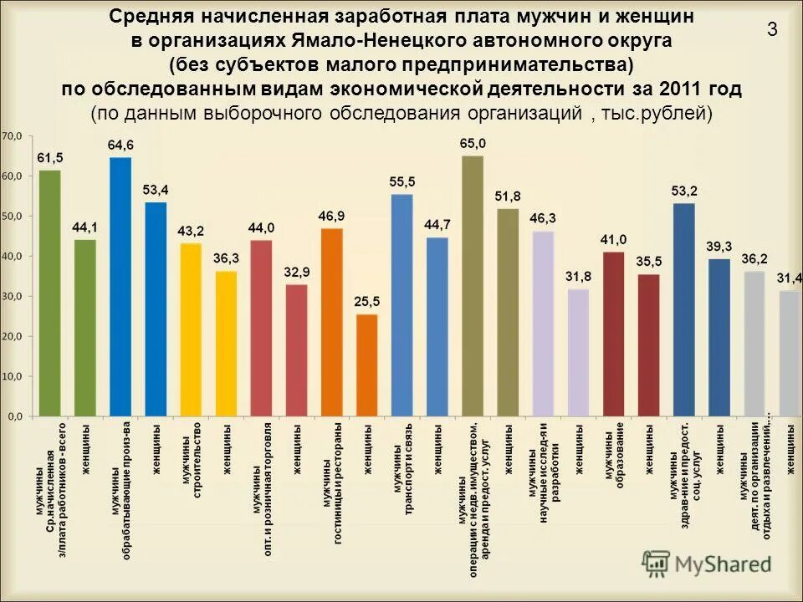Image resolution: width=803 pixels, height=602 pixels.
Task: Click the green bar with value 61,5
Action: pyautogui.click(x=50, y=293)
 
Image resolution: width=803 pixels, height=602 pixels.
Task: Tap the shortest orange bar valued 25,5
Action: pyautogui.click(x=366, y=365)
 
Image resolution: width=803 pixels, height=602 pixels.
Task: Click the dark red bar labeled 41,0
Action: pyautogui.click(x=613, y=334)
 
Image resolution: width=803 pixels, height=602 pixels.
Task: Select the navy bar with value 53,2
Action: pyautogui.click(x=684, y=309)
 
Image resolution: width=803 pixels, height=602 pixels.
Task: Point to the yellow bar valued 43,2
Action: pyautogui.click(x=191, y=329)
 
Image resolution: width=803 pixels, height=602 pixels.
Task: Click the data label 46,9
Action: pyautogui.click(x=331, y=216)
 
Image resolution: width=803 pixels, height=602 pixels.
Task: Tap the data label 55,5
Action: pyautogui.click(x=402, y=181)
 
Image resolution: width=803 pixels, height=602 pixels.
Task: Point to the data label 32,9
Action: pyautogui.click(x=296, y=272)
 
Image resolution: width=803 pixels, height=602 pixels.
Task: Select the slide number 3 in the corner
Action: pyautogui.click(x=772, y=30)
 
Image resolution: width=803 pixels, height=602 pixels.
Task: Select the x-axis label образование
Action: pyautogui.click(x=621, y=457)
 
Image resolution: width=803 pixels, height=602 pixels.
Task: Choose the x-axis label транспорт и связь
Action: pyautogui.click(x=410, y=469)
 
